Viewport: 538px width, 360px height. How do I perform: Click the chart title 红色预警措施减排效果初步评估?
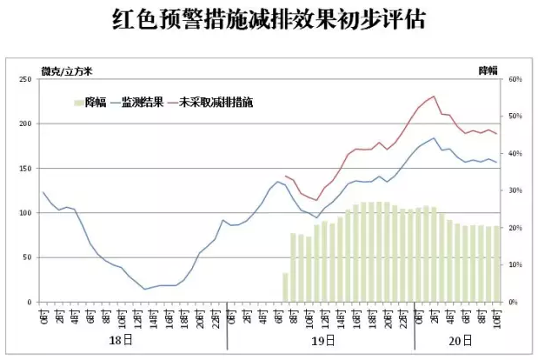pos(269,20)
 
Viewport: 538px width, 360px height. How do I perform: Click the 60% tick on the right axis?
pos(515,79)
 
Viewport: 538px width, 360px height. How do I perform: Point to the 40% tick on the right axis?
pos(515,153)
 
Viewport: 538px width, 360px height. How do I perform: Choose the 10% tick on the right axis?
pos(515,264)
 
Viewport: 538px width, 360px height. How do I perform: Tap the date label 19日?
pos(323,342)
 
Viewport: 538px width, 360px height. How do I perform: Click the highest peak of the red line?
pos(434,96)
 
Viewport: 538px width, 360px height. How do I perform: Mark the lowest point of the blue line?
pos(145,289)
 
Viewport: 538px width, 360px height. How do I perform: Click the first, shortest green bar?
pos(285,287)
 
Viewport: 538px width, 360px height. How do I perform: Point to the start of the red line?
pos(285,176)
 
